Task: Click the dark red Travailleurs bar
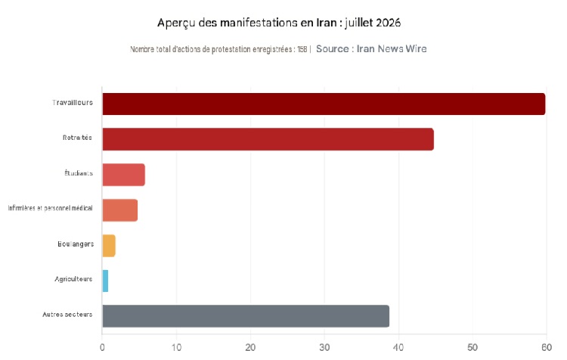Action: click(x=324, y=104)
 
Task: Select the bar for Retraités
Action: click(x=268, y=139)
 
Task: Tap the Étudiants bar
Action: click(x=124, y=175)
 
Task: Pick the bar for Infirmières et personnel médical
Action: click(x=119, y=209)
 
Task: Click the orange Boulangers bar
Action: click(x=109, y=246)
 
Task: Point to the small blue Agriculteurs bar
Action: click(x=105, y=281)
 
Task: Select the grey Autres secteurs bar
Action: click(x=246, y=316)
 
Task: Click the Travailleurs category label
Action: click(x=73, y=103)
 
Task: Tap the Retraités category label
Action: click(x=77, y=138)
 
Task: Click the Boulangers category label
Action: click(x=76, y=244)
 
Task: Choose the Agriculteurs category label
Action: click(x=74, y=279)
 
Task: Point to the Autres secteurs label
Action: click(x=67, y=315)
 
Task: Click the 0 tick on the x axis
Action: click(x=102, y=348)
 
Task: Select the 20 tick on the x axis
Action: click(x=250, y=348)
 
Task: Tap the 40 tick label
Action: click(x=398, y=348)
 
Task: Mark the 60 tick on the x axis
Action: click(x=547, y=348)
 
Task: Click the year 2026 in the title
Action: click(x=389, y=23)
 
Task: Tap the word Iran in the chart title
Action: click(x=327, y=23)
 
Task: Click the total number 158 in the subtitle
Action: click(x=302, y=50)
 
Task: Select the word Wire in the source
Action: click(x=417, y=49)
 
